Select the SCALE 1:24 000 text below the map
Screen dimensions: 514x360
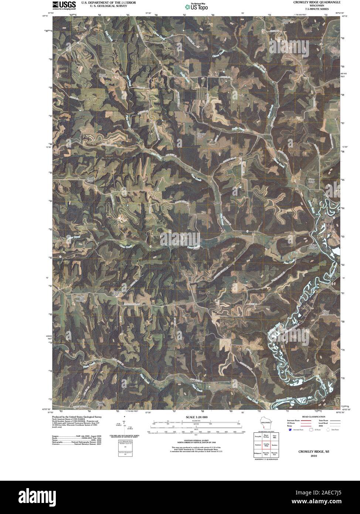point(194,417)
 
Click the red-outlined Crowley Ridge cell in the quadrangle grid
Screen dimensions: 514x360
point(266,445)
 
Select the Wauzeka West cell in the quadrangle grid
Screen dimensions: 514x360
point(266,453)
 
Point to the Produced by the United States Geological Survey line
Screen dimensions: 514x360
point(77,417)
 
